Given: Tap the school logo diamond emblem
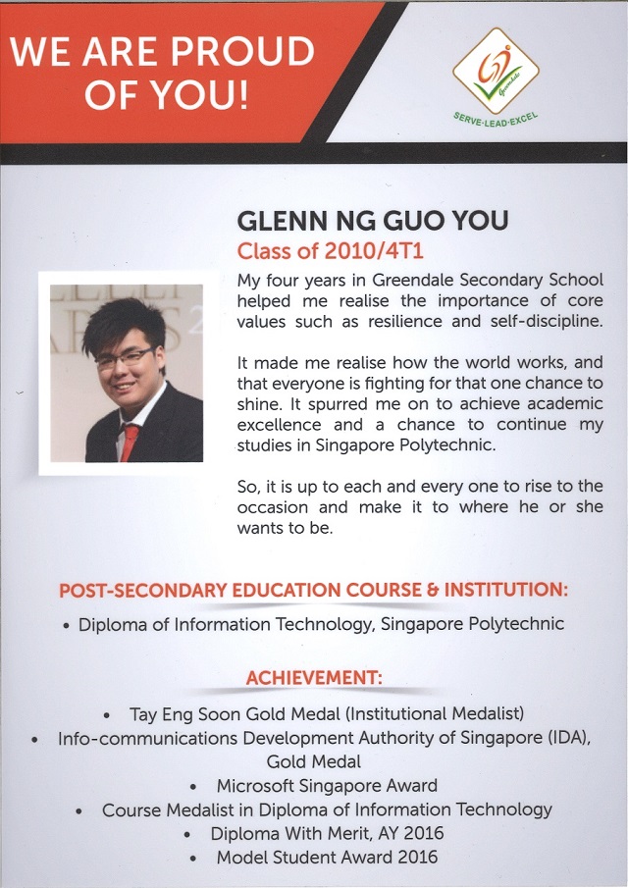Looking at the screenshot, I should pos(496,70).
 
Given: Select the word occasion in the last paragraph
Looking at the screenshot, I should pos(278,507).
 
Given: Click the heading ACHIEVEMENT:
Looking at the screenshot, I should pos(314,677).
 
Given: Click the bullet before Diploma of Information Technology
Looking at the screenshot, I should pos(65,625).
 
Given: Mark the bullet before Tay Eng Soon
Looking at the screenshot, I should pos(107,713).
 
